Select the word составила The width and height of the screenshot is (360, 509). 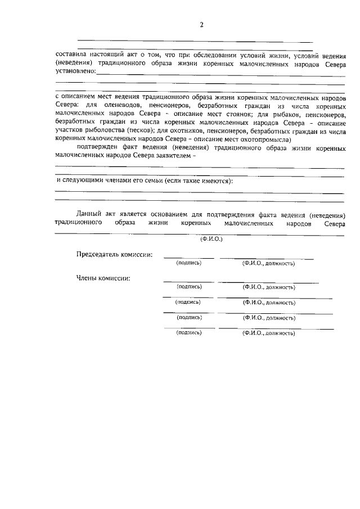pos(71,55)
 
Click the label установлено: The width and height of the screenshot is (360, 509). pos(75,71)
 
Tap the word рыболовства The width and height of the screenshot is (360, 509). pos(106,130)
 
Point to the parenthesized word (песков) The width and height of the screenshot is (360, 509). pos(139,130)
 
